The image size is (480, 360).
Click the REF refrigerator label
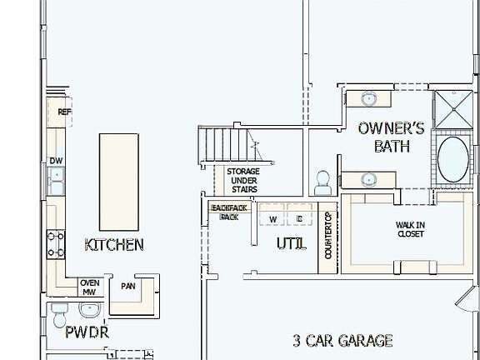63,112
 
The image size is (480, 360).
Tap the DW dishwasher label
56,161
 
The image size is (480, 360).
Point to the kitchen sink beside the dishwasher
56,177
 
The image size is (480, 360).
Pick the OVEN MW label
89,287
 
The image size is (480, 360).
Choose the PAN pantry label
127,286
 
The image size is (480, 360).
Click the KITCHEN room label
114,245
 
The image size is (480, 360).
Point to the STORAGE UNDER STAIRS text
242,180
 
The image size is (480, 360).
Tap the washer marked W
272,219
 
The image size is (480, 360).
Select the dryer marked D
299,219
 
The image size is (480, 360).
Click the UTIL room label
291,244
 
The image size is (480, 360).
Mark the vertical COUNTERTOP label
328,236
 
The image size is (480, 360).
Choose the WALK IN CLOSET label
410,229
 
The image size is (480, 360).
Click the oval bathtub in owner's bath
454,160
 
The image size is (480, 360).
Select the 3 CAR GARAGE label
342,340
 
